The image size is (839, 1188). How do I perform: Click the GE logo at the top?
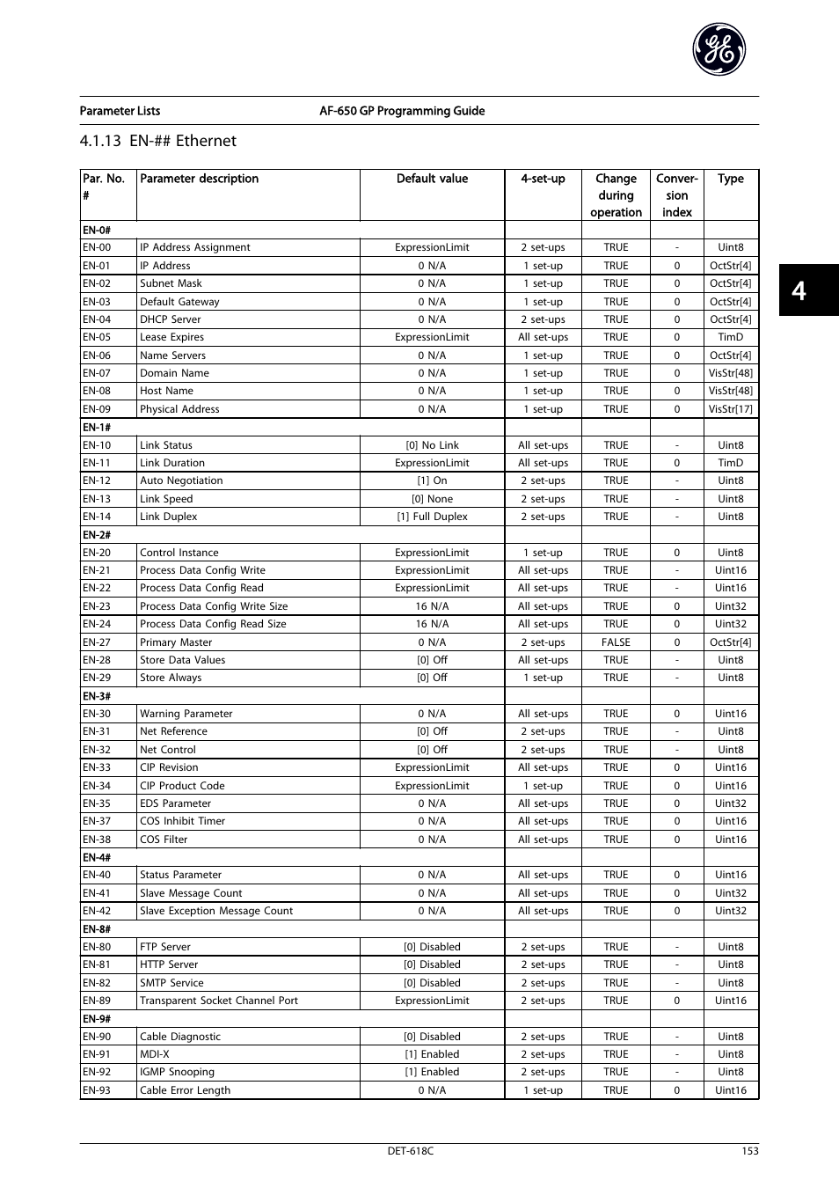point(719,50)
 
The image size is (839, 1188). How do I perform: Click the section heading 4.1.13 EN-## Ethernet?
point(158,141)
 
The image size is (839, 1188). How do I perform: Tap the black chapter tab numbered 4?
point(799,290)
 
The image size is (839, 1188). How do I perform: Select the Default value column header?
point(432,179)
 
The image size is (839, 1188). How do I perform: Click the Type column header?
point(730,179)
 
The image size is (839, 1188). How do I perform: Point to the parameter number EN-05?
point(97,337)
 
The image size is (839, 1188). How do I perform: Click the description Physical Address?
point(179,409)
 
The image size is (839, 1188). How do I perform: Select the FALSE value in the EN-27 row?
point(616,642)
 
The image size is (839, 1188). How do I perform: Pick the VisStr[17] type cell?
point(730,409)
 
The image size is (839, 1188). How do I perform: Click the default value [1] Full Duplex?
point(432,517)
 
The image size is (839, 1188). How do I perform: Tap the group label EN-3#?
point(97,696)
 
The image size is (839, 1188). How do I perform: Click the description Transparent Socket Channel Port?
point(218,1001)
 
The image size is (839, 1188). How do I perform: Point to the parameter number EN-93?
point(97,1090)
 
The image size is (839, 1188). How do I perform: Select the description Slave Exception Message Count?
point(215,911)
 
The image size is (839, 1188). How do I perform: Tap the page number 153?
point(749,1151)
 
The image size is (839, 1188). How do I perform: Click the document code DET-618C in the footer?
point(411,1151)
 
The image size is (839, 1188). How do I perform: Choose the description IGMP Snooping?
point(177,1072)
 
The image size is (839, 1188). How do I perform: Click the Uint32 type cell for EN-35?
point(730,803)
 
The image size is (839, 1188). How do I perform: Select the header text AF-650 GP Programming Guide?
point(402,111)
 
